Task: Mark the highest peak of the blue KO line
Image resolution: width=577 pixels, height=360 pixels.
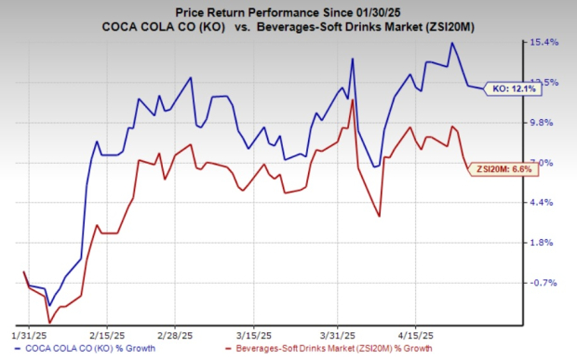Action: pos(452,43)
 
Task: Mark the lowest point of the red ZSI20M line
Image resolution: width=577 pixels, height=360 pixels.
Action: pos(49,323)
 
